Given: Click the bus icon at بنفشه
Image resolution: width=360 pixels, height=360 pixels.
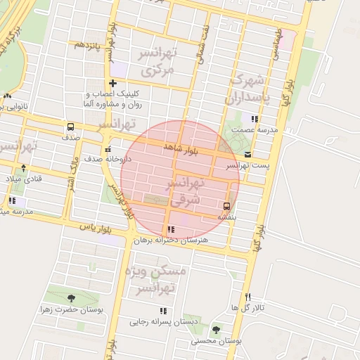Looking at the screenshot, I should click(226, 206).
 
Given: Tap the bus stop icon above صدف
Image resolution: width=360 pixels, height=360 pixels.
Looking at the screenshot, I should click(70, 127).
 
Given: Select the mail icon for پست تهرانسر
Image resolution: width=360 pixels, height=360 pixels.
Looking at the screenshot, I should click(247, 154).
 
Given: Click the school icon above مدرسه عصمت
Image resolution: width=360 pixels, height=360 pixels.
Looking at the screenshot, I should click(254, 119).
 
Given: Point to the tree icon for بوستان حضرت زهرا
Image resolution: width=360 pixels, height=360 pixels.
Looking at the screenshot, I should click(71, 297).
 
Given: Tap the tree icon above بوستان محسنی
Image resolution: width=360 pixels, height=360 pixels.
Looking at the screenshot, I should click(215, 329).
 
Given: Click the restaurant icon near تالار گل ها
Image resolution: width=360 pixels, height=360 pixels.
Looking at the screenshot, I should click(248, 297).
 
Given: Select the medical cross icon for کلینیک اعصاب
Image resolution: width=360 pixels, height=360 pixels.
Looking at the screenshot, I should click(112, 84).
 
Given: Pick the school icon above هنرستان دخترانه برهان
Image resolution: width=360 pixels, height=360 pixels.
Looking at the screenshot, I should click(171, 229).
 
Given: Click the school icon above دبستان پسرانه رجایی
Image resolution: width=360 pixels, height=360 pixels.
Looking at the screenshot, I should click(164, 310).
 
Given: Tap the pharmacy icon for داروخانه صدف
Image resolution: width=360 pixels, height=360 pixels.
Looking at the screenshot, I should click(107, 149).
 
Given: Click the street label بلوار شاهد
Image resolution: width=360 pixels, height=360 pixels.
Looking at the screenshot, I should click(181, 148).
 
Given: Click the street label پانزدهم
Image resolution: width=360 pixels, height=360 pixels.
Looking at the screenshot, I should click(89, 44).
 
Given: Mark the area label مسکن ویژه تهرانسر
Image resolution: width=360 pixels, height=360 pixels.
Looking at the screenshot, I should click(163, 279).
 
